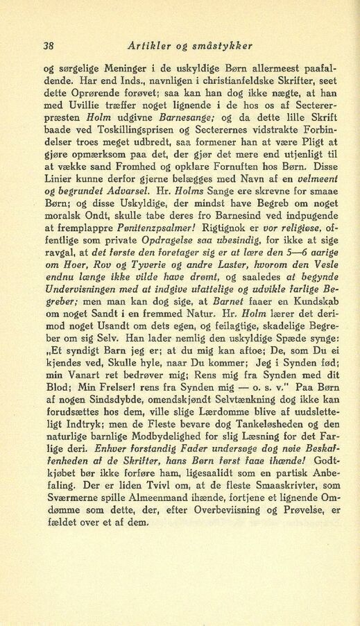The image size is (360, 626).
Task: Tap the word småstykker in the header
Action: (x=223, y=46)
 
